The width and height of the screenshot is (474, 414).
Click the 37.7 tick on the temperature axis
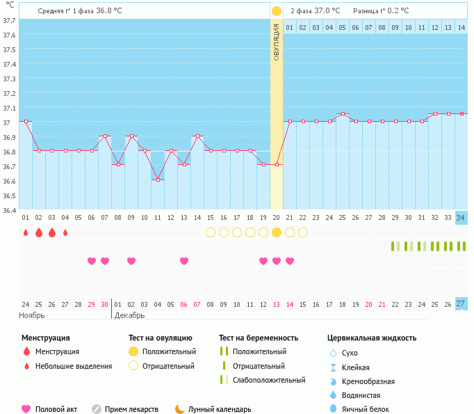tap(10, 20)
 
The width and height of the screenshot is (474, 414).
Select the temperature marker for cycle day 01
tap(26, 121)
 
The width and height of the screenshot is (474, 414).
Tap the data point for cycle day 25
tap(343, 113)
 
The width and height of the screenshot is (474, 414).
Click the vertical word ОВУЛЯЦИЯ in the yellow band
tap(277, 42)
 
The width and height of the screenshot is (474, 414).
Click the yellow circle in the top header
tap(277, 10)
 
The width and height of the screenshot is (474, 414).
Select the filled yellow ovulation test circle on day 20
tap(277, 232)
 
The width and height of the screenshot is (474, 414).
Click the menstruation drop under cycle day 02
tap(39, 232)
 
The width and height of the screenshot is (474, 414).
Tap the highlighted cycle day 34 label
tap(461, 217)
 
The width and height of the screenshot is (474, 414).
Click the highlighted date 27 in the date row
tap(461, 303)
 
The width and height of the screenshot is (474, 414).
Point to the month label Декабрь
tap(129, 315)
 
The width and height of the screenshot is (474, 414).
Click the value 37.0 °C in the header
tap(327, 10)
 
